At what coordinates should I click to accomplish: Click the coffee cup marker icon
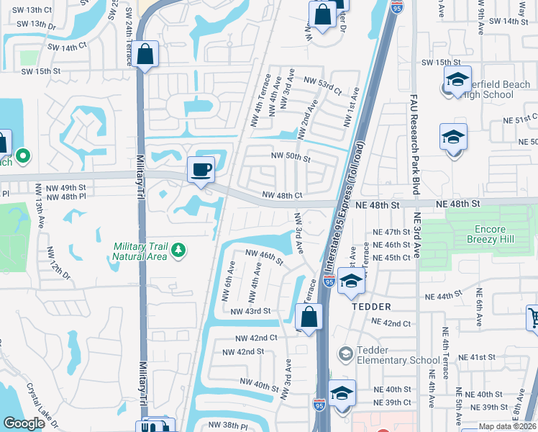click(x=201, y=170)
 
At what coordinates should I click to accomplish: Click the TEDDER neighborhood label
click(x=370, y=306)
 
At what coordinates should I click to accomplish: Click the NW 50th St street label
click(x=290, y=156)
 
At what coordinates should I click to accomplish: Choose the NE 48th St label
click(x=377, y=205)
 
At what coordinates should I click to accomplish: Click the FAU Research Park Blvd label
click(x=414, y=144)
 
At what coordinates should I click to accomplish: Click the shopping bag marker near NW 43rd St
click(x=309, y=317)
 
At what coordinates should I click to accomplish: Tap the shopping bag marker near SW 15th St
click(x=145, y=55)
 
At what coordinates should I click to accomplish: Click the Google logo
click(x=24, y=423)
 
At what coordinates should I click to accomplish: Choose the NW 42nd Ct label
click(x=256, y=338)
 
